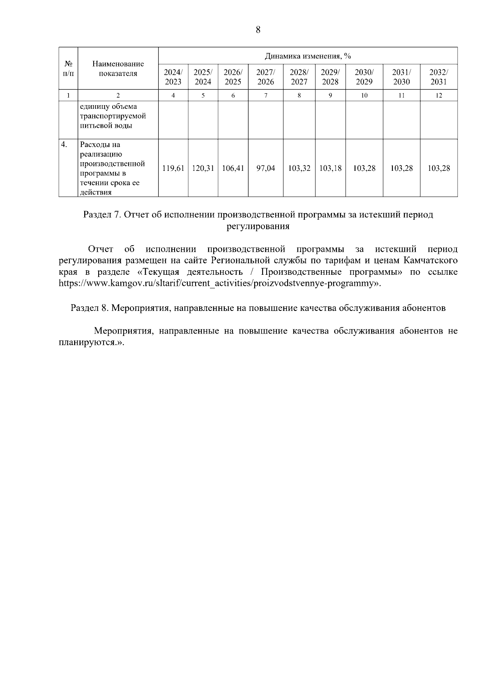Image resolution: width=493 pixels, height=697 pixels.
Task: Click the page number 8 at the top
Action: click(258, 30)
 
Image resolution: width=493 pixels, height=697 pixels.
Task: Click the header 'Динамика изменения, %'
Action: click(308, 56)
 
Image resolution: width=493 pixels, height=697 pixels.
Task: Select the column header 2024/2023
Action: click(173, 77)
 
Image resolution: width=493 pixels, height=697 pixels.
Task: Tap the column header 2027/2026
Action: click(265, 77)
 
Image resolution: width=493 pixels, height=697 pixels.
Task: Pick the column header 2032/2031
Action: click(438, 77)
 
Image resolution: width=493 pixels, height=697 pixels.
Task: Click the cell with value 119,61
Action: click(173, 168)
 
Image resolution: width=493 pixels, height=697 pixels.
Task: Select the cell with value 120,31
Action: click(203, 168)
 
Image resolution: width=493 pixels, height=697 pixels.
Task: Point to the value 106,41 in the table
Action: click(233, 168)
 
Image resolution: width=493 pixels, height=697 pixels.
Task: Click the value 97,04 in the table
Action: click(265, 168)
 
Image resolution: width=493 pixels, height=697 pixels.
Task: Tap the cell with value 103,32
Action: click(299, 168)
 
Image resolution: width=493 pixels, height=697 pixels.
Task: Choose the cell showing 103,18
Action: click(330, 168)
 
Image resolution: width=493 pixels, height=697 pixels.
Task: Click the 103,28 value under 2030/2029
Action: click(364, 168)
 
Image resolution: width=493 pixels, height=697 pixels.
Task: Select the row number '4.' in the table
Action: click(64, 145)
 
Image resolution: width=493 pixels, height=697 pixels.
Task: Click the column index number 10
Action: click(364, 95)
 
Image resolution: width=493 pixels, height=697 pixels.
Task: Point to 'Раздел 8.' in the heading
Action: click(89, 308)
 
